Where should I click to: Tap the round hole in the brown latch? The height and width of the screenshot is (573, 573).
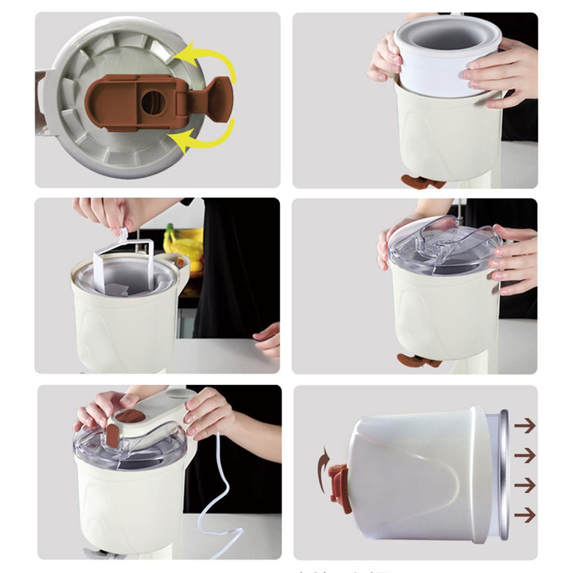tap(153, 103)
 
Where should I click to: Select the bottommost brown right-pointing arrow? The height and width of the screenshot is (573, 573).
tap(524, 514)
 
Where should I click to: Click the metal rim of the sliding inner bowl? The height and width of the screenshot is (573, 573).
tap(504, 476)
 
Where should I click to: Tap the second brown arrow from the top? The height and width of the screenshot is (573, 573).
tap(524, 455)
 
